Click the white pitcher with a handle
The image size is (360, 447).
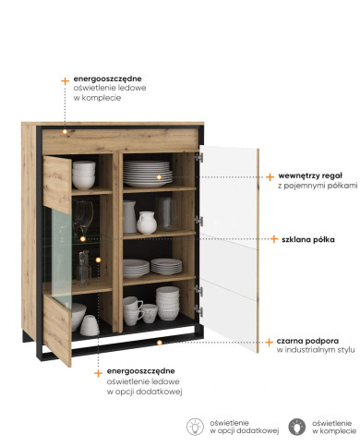[147, 223]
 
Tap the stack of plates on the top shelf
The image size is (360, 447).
[148, 175]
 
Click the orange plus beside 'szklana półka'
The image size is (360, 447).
[273, 239]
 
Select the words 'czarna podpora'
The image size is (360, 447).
[307, 341]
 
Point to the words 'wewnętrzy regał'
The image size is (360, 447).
[310, 175]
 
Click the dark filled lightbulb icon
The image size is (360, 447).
[297, 427]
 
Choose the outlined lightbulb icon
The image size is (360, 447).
[195, 427]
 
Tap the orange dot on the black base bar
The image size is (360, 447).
[160, 343]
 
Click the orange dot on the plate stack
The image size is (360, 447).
[159, 177]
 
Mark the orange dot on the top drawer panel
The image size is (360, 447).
[65, 131]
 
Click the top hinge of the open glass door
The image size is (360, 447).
[198, 158]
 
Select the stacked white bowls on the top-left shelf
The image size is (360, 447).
[84, 175]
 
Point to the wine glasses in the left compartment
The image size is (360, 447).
[82, 217]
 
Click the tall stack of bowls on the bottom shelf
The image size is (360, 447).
[167, 304]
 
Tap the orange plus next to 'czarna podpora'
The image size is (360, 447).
[269, 342]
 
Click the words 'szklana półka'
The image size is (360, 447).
[308, 239]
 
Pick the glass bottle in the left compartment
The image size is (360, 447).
[83, 269]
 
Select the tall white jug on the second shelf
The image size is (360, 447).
[129, 217]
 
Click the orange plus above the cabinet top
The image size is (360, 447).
[65, 81]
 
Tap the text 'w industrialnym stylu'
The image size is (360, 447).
[316, 350]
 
